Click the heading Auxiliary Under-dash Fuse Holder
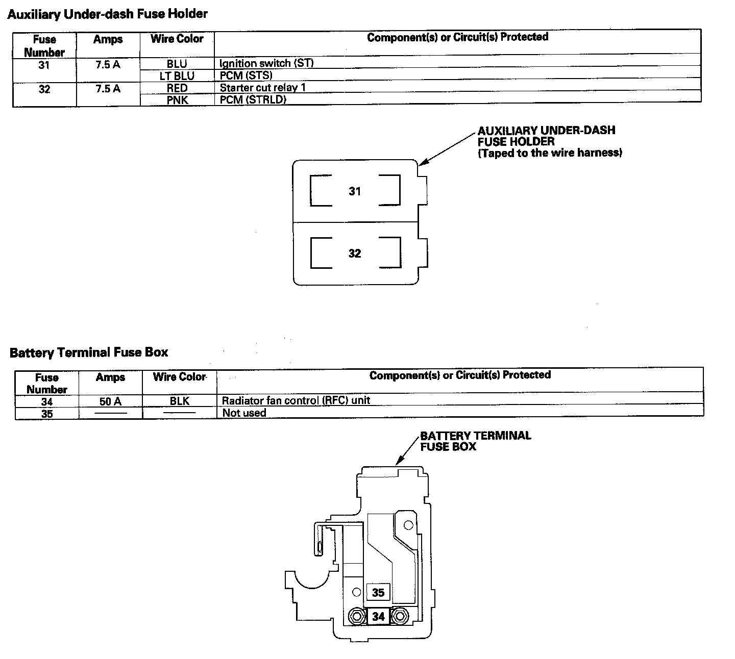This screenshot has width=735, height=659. point(107,14)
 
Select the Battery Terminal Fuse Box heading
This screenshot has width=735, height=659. point(89,352)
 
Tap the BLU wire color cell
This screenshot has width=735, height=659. point(177,64)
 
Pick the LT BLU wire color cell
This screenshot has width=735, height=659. point(177,76)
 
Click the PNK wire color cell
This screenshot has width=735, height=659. point(177,100)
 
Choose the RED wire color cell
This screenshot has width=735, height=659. point(177,88)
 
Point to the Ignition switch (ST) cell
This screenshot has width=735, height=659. point(266,63)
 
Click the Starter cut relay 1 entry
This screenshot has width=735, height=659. point(262,87)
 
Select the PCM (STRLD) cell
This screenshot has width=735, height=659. point(253,99)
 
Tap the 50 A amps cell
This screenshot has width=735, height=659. point(110,401)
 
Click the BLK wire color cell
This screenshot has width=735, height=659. point(180,401)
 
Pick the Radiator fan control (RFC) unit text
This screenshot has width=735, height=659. point(296,400)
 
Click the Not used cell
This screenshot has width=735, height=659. point(244,413)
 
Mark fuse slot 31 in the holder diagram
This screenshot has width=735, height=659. point(355,191)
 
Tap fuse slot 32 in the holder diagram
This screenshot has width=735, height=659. point(355,254)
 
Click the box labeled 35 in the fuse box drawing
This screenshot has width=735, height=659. point(378,593)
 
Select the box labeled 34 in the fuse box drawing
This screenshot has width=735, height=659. point(378,617)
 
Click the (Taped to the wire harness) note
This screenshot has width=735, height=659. point(550,153)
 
